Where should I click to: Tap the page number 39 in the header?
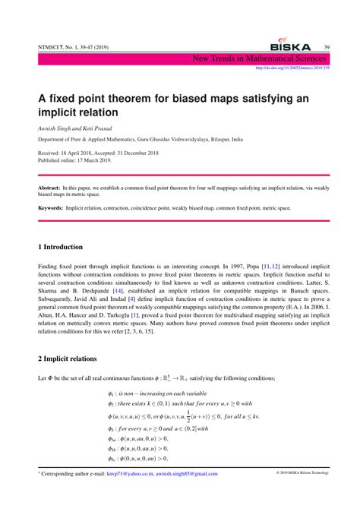[327, 47]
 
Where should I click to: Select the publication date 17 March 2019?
[90, 160]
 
